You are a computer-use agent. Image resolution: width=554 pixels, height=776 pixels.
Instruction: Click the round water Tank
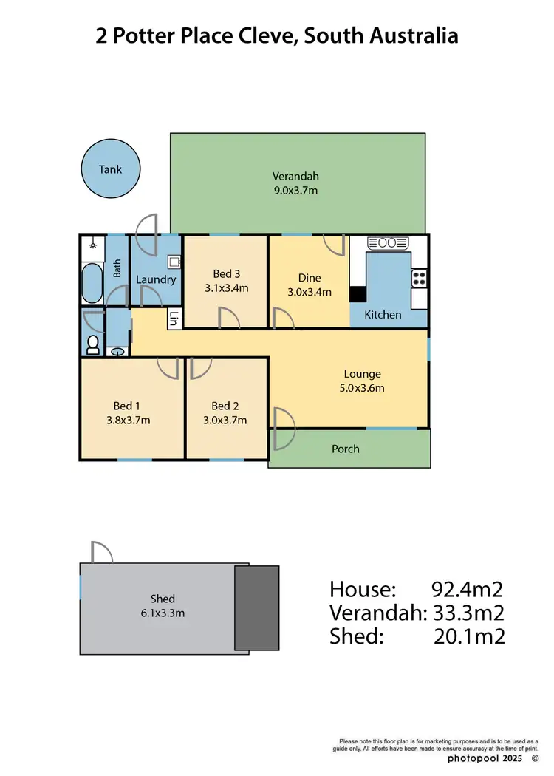click(x=111, y=169)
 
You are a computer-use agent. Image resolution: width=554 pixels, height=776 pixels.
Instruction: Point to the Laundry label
click(x=156, y=279)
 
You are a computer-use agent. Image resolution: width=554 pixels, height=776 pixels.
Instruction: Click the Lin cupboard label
click(x=174, y=319)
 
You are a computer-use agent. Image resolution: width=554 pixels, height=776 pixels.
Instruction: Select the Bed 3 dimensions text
click(x=226, y=288)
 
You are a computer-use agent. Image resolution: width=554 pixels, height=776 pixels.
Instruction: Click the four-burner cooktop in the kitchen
click(x=419, y=278)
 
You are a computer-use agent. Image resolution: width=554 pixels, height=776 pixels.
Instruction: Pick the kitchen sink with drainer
click(x=388, y=242)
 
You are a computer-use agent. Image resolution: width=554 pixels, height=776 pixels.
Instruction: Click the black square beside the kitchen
click(x=358, y=294)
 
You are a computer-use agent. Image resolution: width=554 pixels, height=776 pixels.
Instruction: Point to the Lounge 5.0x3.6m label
click(x=362, y=381)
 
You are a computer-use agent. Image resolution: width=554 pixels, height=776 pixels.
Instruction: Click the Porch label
click(x=346, y=449)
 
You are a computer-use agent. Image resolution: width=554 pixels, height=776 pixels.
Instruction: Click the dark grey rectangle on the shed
click(x=257, y=608)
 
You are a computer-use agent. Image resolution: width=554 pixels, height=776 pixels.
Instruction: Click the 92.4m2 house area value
click(x=467, y=590)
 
